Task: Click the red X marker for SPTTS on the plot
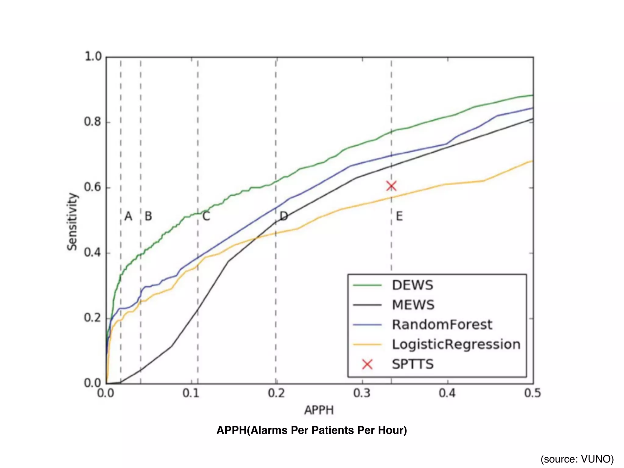click(x=391, y=186)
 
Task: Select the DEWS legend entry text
click(x=412, y=285)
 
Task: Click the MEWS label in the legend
click(x=413, y=305)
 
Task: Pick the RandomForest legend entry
click(x=442, y=324)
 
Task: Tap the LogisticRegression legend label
click(x=456, y=344)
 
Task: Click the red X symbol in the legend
click(x=367, y=364)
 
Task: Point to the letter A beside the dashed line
click(x=129, y=216)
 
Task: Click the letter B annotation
click(x=148, y=216)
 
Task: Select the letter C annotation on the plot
click(x=206, y=216)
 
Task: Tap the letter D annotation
click(x=284, y=216)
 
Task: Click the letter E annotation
click(x=399, y=216)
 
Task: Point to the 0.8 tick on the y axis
click(x=92, y=122)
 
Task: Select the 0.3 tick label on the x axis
click(x=362, y=393)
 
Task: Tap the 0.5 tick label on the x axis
click(x=533, y=393)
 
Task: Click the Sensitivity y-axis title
click(x=73, y=222)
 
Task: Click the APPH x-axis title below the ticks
click(x=319, y=410)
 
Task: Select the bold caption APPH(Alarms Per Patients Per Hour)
click(x=312, y=430)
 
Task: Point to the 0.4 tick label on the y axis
click(x=92, y=253)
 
